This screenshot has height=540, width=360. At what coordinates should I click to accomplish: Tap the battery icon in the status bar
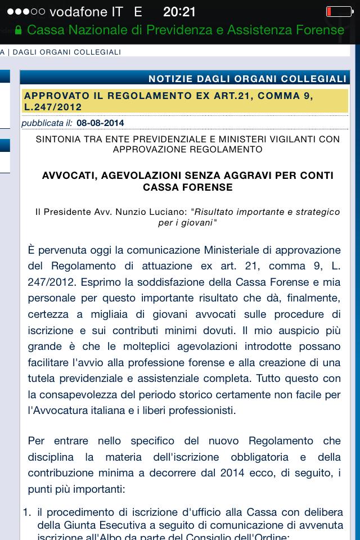(339, 12)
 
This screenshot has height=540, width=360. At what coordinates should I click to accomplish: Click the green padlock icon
(19, 30)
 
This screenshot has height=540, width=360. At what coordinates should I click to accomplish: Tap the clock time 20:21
(179, 12)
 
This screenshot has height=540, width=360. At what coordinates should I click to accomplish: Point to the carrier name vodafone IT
(86, 12)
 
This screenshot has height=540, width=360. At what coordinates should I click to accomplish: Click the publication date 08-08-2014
(100, 123)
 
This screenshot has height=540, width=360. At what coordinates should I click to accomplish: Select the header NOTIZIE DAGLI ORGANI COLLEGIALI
(247, 79)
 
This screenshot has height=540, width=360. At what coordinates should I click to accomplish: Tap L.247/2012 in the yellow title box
(53, 107)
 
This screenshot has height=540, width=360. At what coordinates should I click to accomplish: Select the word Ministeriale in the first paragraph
(231, 249)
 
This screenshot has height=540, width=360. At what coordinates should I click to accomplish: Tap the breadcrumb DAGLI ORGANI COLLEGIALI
(67, 52)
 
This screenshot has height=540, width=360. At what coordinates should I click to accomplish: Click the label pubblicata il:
(47, 123)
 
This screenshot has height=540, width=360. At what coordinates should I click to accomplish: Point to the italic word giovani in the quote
(196, 223)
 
